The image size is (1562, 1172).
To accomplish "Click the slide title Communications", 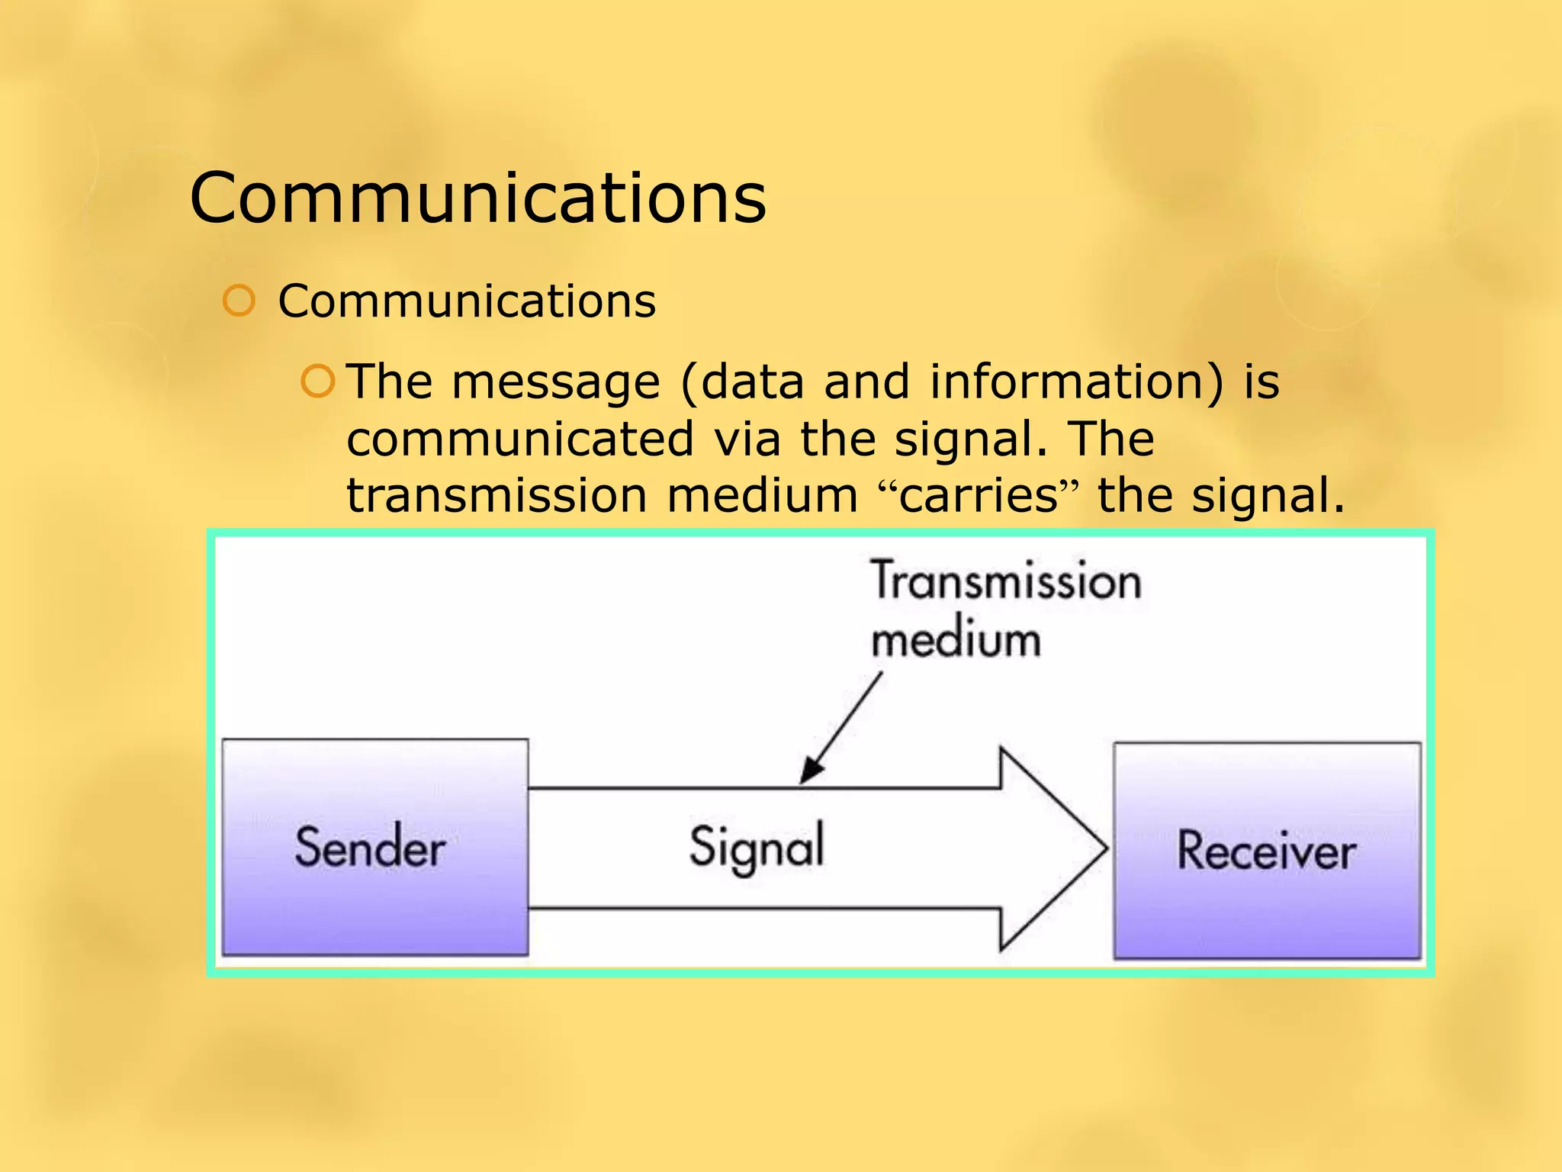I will click(x=477, y=198).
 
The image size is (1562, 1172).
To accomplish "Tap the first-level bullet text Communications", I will click(x=466, y=301).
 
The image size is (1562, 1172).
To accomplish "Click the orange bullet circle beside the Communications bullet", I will click(x=239, y=301).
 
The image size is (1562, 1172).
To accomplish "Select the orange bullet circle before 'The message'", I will click(x=317, y=382).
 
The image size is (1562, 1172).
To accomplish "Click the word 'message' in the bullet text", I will click(x=555, y=382).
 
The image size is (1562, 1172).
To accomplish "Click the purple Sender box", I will click(x=374, y=847).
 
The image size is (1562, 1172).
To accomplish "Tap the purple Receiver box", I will click(x=1266, y=851).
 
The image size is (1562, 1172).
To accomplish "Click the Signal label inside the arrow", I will click(x=757, y=847).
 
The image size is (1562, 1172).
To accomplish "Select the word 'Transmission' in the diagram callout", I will click(x=1005, y=581).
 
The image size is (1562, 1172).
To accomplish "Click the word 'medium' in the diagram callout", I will click(x=956, y=639).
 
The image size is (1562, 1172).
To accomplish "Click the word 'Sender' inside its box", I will click(x=370, y=848).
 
